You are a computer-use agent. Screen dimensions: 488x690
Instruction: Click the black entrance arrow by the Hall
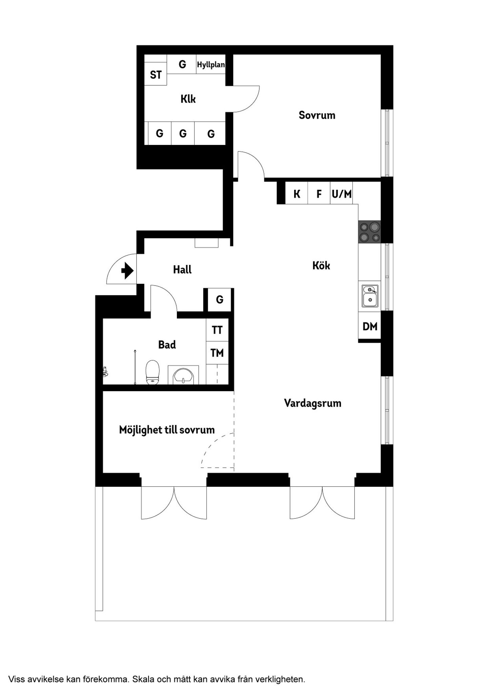[x=127, y=271]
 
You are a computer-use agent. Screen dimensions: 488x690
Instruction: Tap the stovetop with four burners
[x=370, y=232]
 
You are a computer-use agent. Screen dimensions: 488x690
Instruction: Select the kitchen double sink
[x=370, y=296]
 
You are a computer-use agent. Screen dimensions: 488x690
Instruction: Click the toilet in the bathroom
[x=152, y=372]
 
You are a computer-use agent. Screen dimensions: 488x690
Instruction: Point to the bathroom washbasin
[x=183, y=376]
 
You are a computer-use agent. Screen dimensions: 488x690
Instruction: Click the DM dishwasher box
[x=370, y=327]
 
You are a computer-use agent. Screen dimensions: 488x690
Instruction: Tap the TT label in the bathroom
[x=217, y=330]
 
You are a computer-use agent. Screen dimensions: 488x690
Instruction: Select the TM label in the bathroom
[x=217, y=353]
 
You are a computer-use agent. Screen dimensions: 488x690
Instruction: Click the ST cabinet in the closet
[x=156, y=75]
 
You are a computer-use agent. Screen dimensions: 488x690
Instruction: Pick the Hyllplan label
[x=211, y=64]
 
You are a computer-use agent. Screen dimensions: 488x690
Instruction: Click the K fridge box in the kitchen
[x=297, y=194]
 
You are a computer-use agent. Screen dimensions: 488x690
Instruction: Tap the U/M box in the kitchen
[x=341, y=194]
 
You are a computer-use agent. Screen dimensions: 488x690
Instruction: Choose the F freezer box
[x=319, y=194]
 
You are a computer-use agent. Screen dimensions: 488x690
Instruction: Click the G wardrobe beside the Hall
[x=220, y=299]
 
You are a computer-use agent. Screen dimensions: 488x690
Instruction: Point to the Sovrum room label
[x=317, y=115]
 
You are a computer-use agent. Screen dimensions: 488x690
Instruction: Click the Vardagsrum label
[x=312, y=403]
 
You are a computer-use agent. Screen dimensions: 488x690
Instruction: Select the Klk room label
[x=188, y=99]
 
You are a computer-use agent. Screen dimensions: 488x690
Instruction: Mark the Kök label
[x=321, y=265]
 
